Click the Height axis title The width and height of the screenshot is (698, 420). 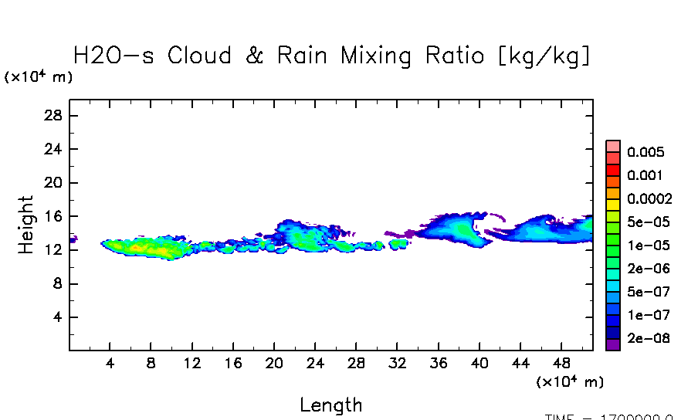[x=26, y=225]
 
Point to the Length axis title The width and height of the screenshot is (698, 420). [x=330, y=405]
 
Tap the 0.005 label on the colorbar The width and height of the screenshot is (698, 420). [x=645, y=152]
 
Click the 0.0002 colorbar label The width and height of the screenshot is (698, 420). [x=649, y=198]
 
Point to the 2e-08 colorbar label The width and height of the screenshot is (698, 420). [x=648, y=338]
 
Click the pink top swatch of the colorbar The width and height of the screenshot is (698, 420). [x=613, y=146]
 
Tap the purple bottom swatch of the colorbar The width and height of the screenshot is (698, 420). [x=613, y=345]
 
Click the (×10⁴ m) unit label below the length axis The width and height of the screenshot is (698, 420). [x=570, y=382]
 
